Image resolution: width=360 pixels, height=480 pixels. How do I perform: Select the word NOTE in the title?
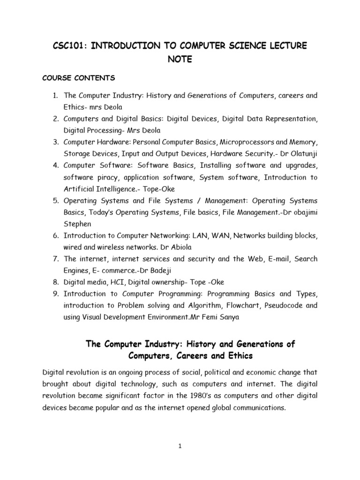coord(180,60)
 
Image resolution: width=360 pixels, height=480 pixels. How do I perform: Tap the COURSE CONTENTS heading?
coord(79,78)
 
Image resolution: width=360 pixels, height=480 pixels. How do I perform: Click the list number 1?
coord(55,96)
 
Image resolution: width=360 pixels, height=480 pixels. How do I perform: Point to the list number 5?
coord(55,201)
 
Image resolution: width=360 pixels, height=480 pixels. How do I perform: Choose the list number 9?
coord(55,294)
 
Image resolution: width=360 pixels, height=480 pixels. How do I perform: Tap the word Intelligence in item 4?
coord(106,189)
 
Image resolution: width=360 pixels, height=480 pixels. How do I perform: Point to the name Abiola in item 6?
coord(183,247)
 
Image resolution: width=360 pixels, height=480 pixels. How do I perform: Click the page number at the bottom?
coord(180,447)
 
